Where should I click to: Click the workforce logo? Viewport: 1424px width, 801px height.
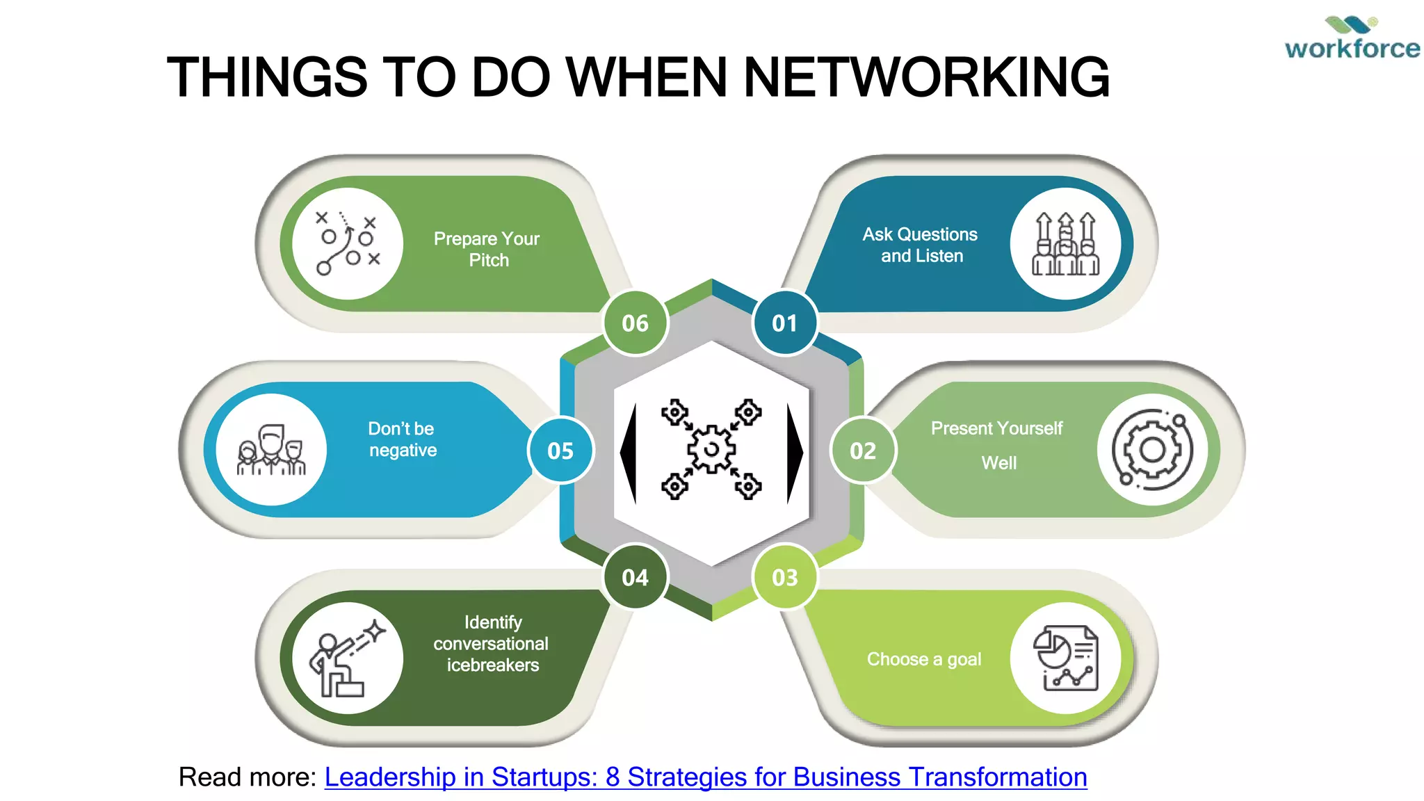coord(1352,39)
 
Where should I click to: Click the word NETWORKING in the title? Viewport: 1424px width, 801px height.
coord(926,76)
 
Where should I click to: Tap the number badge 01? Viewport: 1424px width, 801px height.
coord(784,323)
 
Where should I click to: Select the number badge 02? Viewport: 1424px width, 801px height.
coord(863,451)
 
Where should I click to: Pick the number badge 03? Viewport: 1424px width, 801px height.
coord(785,577)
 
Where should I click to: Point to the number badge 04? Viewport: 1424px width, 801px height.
coord(635,577)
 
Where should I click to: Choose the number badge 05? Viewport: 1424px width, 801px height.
coord(560,451)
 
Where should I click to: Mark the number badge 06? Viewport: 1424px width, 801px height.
coord(635,323)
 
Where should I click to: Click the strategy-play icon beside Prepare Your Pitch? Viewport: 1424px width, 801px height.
coord(348,243)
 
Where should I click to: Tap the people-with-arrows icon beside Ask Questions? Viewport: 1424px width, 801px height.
coord(1065,243)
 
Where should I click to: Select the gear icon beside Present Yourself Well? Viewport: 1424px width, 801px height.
coord(1152,450)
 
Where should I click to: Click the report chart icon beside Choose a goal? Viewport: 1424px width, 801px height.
coord(1065,658)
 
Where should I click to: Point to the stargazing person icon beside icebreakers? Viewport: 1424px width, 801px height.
coord(348,658)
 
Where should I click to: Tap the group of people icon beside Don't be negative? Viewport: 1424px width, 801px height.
coord(271,450)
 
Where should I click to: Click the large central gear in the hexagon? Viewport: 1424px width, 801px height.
coord(711,450)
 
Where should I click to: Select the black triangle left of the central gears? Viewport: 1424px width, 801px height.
coord(630,453)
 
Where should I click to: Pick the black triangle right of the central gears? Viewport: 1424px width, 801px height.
coord(793,453)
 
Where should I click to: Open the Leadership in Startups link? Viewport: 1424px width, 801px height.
coord(706,777)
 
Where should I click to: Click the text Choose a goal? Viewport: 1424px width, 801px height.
coord(924,659)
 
